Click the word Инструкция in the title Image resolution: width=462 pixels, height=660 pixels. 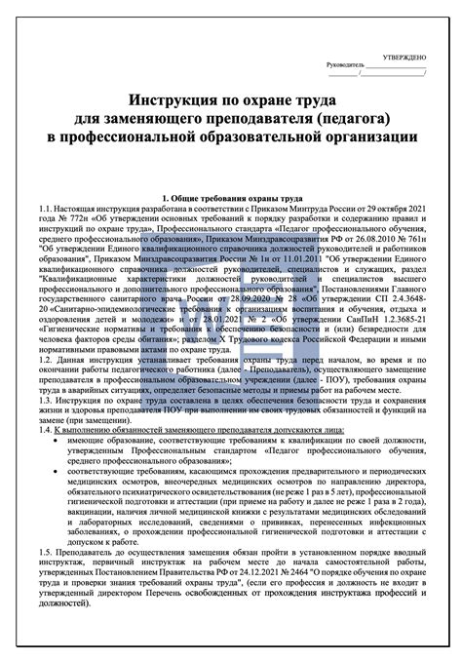[x=165, y=100]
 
